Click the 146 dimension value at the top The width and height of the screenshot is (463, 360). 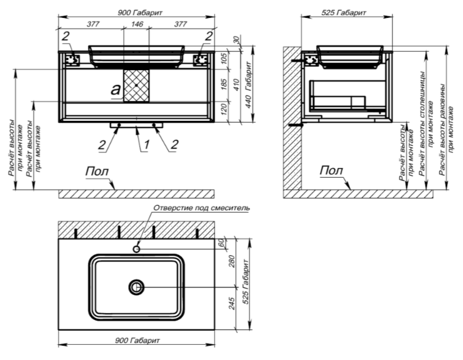(137, 24)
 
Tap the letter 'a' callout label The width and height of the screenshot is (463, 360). (116, 89)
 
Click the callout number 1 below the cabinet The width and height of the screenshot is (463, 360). (146, 145)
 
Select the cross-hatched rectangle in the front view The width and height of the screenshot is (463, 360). (136, 85)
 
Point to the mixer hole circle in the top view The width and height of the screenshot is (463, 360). (136, 249)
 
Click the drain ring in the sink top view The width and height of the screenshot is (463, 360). (136, 287)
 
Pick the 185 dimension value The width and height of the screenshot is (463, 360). (224, 84)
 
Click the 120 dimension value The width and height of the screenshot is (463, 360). (224, 109)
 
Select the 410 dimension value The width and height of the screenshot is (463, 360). (236, 85)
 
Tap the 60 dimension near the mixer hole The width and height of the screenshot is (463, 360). (222, 243)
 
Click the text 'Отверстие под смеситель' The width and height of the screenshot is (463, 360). (201, 208)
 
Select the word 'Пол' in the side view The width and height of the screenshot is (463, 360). (331, 170)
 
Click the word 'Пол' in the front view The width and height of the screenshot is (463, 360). (97, 172)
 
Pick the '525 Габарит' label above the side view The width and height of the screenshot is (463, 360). (344, 13)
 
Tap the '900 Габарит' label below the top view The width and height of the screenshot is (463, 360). (137, 340)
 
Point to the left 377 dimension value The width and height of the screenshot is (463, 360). (93, 24)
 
